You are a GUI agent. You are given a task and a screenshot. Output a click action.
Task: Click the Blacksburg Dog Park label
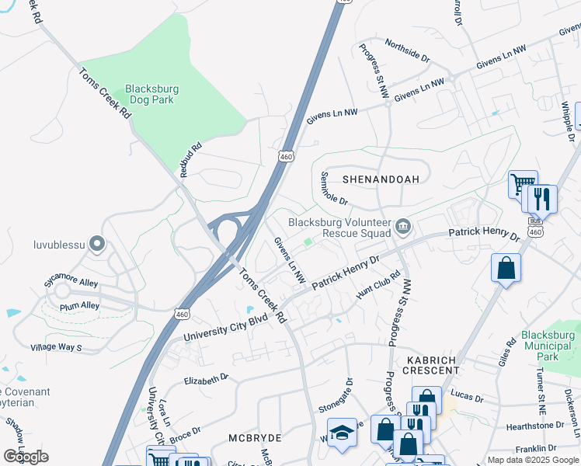[x=151, y=95]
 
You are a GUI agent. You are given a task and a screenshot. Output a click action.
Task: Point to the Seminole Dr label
[x=333, y=188]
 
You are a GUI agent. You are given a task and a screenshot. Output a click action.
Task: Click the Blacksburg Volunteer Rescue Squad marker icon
[x=403, y=227]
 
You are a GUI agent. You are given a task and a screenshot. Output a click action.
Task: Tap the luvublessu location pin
[x=96, y=245]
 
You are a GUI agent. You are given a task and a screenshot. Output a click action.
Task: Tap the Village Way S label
[x=56, y=347]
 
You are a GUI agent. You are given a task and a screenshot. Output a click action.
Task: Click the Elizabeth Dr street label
[x=206, y=378]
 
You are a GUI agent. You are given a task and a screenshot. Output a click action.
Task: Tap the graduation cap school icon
[x=342, y=433]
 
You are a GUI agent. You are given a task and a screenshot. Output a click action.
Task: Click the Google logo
[x=26, y=456]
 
